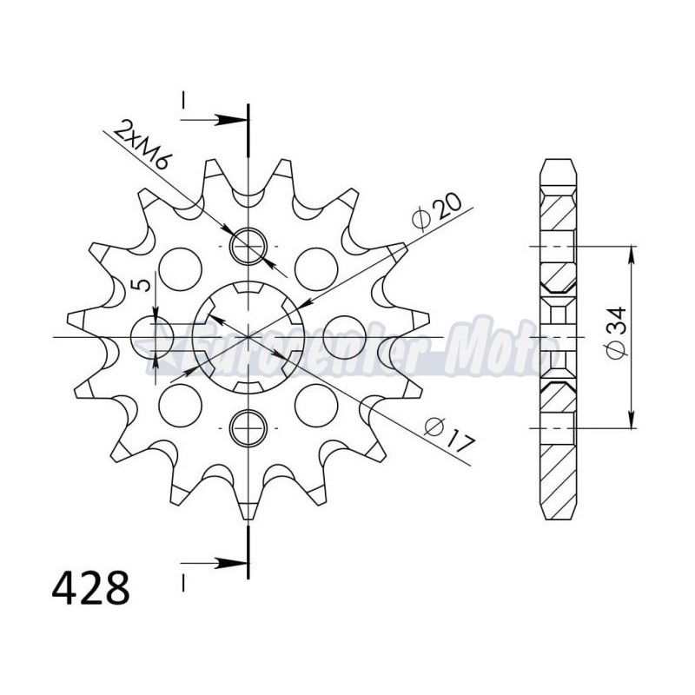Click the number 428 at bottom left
91,588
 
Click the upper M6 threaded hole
248,246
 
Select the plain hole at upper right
315,268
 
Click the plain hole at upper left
181,268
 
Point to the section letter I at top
184,102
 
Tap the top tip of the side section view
558,162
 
